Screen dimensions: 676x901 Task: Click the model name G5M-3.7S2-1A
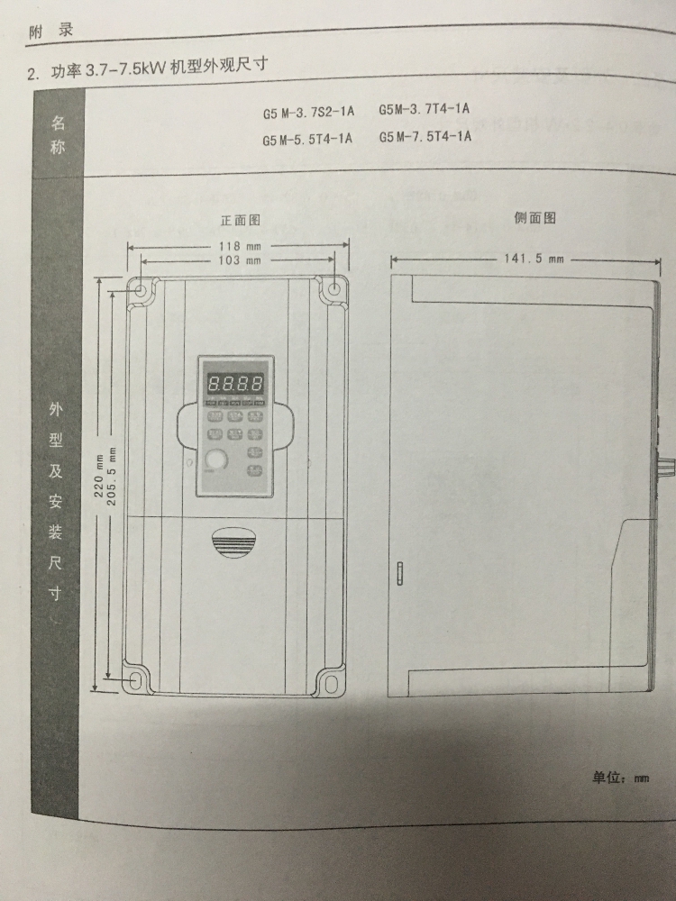pyautogui.click(x=308, y=113)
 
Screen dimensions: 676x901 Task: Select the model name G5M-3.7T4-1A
pyautogui.click(x=424, y=110)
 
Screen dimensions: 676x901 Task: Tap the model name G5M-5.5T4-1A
pyautogui.click(x=308, y=140)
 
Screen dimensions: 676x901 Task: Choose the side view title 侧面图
pyautogui.click(x=534, y=218)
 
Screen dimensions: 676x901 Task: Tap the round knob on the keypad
pyautogui.click(x=215, y=460)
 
